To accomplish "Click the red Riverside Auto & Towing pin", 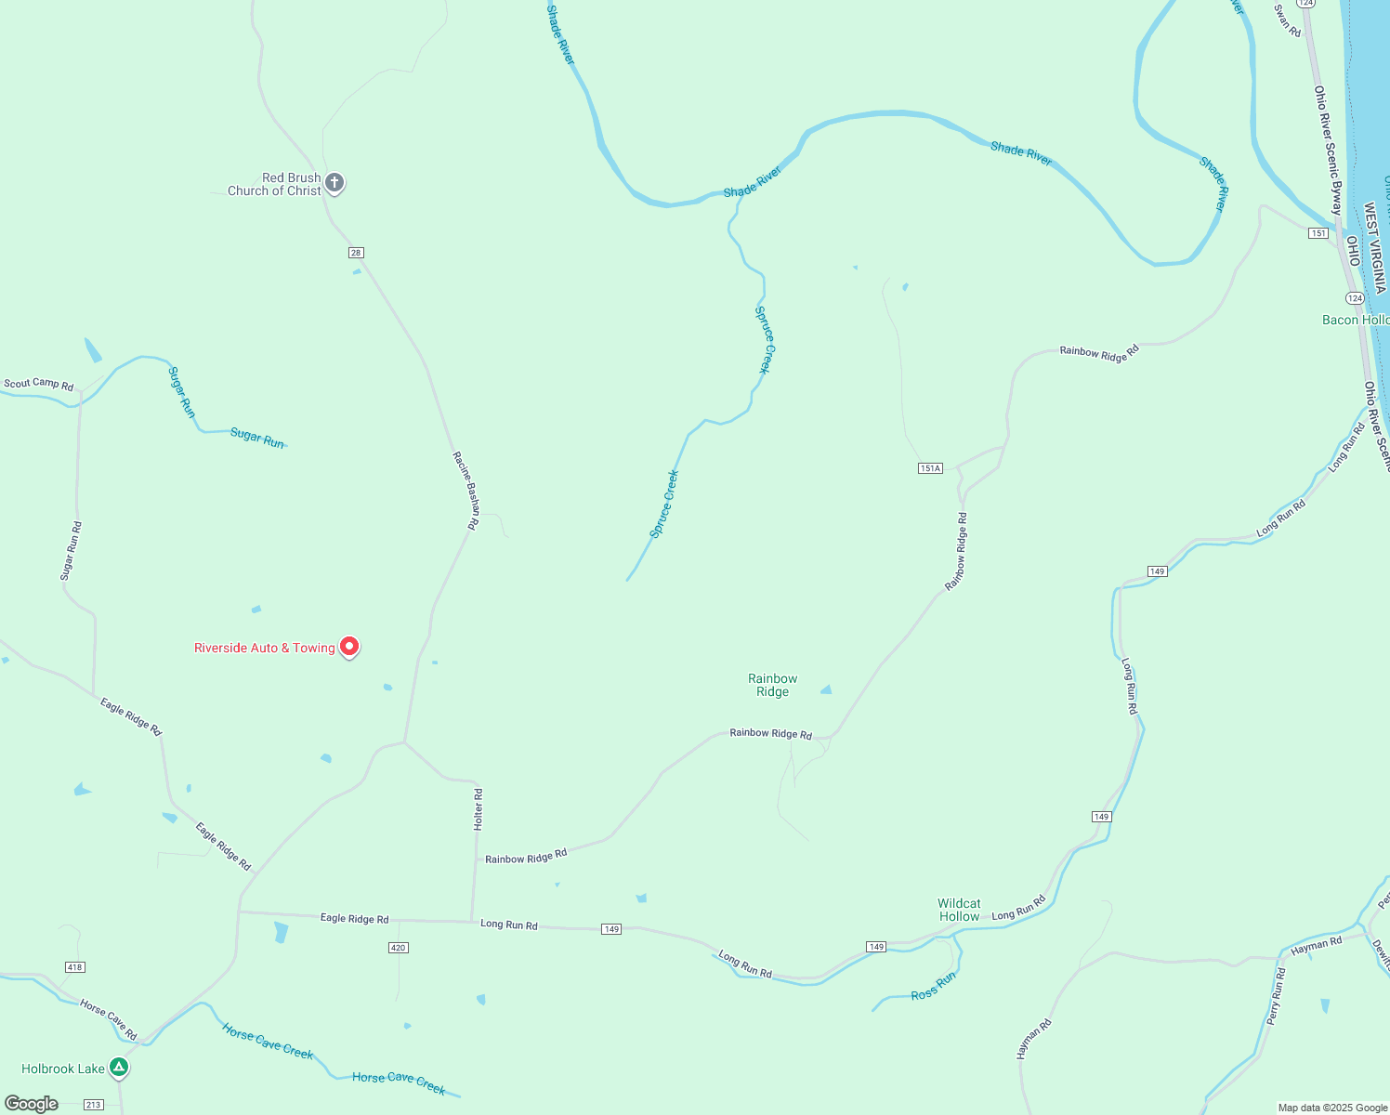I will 349,646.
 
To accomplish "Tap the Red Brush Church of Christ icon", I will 334,183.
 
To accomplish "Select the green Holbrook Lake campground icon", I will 119,1068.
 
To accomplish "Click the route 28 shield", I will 356,253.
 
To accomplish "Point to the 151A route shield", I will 930,468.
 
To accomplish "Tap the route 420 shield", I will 398,948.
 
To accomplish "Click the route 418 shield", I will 75,967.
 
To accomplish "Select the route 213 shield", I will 94,1105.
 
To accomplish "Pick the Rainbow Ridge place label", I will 772,685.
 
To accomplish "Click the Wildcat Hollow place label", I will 959,910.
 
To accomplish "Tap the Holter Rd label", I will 479,808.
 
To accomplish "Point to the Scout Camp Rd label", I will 38,384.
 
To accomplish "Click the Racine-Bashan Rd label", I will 466,490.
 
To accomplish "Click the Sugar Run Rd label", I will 71,551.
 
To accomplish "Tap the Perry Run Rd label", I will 1275,997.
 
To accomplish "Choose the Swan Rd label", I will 1288,20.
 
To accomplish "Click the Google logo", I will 32,1104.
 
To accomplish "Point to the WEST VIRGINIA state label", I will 1374,248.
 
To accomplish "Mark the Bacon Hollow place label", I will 1356,320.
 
